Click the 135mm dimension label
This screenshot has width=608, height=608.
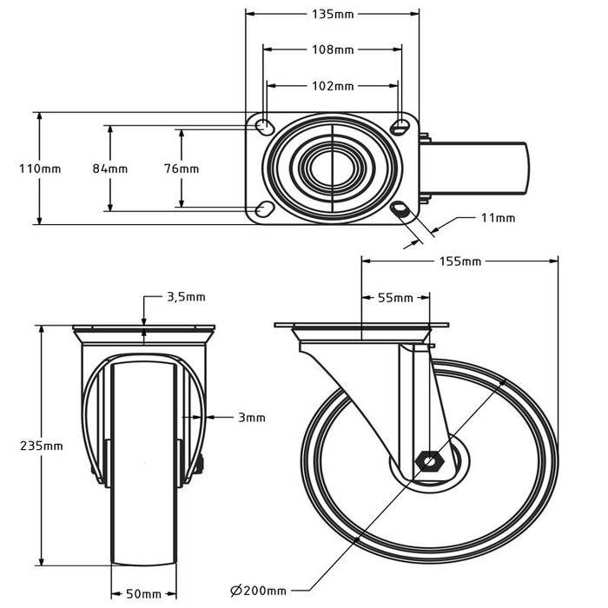[333, 15]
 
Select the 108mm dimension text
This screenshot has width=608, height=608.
[333, 50]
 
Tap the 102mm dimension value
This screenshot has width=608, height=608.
[333, 86]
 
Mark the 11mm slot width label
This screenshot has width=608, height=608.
[498, 218]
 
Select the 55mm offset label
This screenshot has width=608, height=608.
[395, 298]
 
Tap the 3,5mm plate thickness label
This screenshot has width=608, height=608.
[185, 297]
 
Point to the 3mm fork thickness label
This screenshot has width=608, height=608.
[251, 418]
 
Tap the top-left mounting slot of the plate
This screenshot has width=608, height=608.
[262, 128]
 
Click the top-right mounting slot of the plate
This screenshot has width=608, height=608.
[400, 128]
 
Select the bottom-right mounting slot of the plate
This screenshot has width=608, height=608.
[401, 209]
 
